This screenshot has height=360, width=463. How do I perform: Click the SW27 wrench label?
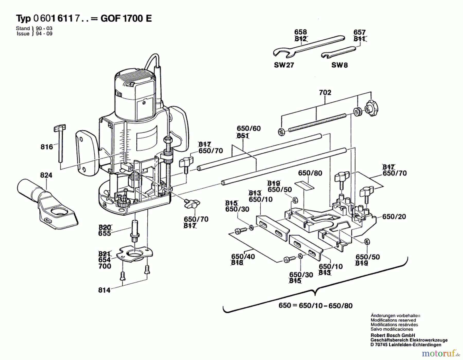point(284,65)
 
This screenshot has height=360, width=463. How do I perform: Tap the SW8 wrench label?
point(340,65)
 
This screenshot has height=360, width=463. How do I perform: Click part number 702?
point(325,92)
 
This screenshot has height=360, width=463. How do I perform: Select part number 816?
point(47,147)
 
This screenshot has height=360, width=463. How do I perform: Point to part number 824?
point(46,175)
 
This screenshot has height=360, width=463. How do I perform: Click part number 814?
point(104,290)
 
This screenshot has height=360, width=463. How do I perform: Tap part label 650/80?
point(310,173)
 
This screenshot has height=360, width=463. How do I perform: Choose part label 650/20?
point(394,217)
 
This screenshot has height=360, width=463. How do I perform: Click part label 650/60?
point(248,128)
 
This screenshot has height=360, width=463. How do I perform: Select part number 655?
point(104,233)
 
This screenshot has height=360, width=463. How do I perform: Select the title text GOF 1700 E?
point(126,19)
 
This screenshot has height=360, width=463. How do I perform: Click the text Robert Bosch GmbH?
point(393,335)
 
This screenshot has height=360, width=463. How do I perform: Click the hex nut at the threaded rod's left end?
point(281,132)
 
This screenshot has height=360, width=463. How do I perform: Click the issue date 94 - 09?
point(44,34)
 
